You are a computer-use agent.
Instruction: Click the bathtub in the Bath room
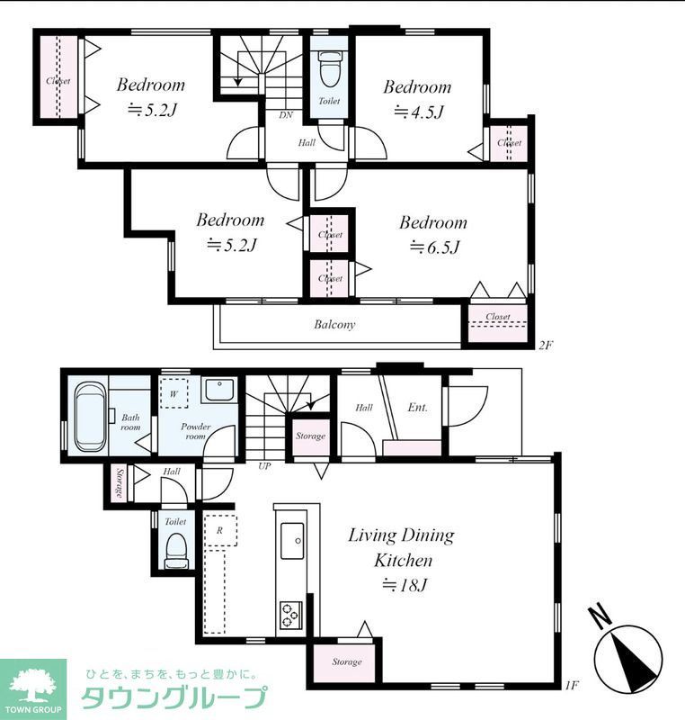click(90, 417)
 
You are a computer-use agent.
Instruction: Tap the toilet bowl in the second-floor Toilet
click(328, 70)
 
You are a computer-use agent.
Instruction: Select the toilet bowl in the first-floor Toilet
click(175, 550)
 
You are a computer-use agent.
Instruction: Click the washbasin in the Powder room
click(219, 390)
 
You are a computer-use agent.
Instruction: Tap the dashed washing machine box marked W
click(173, 393)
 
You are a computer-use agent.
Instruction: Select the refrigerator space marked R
click(220, 530)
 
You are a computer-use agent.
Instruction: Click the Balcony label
click(334, 325)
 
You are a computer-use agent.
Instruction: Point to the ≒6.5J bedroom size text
click(433, 248)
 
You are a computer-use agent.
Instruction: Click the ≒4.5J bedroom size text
click(419, 112)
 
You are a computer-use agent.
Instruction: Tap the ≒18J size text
click(405, 585)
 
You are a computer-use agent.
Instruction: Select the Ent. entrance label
click(417, 408)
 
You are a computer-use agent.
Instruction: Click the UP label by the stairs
click(264, 466)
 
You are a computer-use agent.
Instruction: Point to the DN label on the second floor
click(286, 115)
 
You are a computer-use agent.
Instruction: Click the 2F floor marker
click(545, 345)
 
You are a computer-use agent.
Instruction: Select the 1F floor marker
click(572, 686)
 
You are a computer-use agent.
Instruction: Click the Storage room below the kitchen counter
click(347, 661)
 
